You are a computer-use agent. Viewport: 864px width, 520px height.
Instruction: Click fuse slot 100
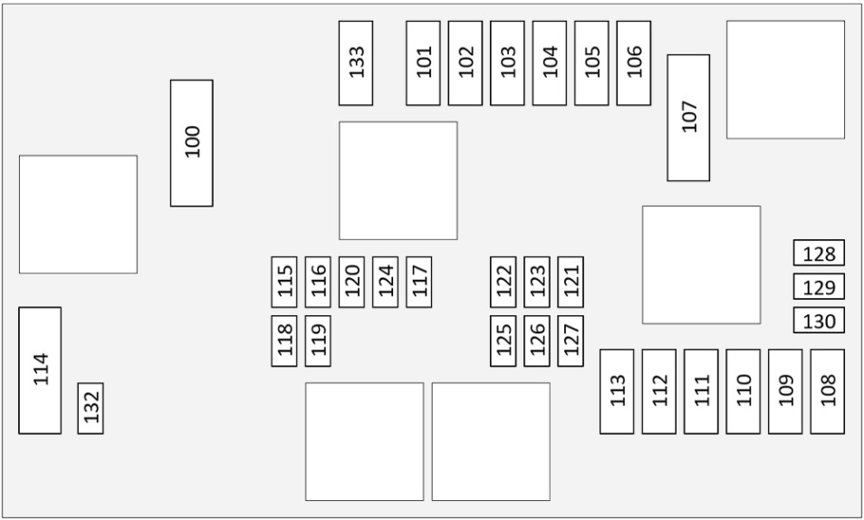(192, 143)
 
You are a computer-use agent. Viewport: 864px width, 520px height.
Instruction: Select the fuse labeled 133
(356, 63)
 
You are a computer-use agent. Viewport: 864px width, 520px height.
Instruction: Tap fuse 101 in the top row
(423, 63)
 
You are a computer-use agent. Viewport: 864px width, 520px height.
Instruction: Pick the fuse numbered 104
(550, 63)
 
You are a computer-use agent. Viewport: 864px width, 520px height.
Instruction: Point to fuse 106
(634, 63)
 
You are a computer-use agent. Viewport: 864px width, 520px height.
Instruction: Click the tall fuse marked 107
(688, 118)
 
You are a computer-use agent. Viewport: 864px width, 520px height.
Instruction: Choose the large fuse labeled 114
(40, 371)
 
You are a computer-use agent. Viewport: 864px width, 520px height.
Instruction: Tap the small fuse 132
(91, 408)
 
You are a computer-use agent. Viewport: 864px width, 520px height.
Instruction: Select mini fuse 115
(284, 282)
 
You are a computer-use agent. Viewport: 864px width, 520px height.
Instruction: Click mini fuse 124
(385, 282)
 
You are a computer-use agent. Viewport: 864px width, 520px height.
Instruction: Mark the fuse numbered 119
(318, 341)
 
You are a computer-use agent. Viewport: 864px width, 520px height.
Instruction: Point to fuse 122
(503, 282)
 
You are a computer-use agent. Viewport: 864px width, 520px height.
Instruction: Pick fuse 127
(571, 341)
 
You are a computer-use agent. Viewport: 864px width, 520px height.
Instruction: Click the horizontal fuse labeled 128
(819, 253)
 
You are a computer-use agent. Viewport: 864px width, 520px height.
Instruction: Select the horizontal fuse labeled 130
(819, 320)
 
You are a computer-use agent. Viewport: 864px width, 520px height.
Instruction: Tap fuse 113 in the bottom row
(617, 391)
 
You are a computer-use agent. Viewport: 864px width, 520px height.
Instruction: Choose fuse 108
(828, 391)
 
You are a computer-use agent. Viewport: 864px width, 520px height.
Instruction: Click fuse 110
(744, 391)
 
